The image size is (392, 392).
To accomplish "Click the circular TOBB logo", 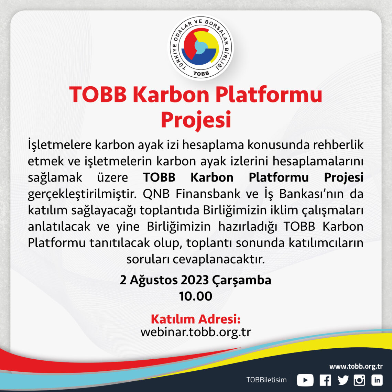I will pyautogui.click(x=201, y=47).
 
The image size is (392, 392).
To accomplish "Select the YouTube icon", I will pyautogui.click(x=305, y=380).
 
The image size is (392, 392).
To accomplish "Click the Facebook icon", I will pyautogui.click(x=325, y=380).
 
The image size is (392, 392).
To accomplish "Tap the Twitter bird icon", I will pyautogui.click(x=343, y=380).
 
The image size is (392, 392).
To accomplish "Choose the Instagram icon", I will pyautogui.click(x=359, y=380).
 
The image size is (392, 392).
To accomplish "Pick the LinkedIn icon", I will pyautogui.click(x=377, y=380).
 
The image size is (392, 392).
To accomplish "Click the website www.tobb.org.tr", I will pyautogui.click(x=356, y=367).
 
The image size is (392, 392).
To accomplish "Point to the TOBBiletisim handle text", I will pyautogui.click(x=266, y=380).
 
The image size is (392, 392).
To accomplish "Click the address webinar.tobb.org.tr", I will pyautogui.click(x=196, y=332).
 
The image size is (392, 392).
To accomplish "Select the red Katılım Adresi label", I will pyautogui.click(x=196, y=319).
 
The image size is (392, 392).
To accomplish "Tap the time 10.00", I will pyautogui.click(x=196, y=296).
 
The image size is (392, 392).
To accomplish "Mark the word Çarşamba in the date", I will pyautogui.click(x=242, y=280).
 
